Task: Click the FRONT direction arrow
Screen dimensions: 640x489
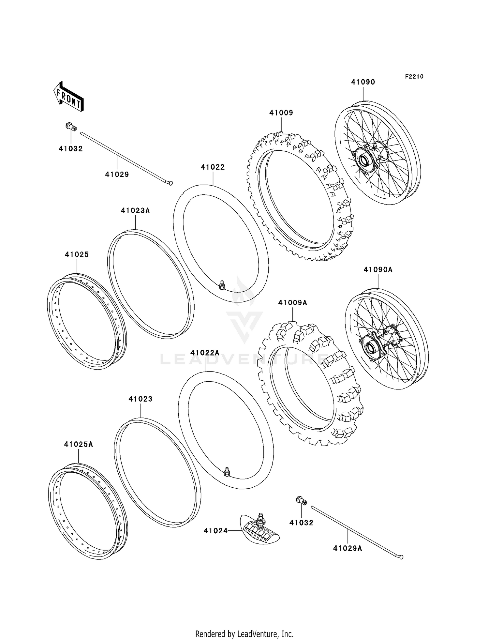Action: [69, 97]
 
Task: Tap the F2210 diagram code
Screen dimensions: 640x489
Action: [414, 76]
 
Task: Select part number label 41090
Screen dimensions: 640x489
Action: [363, 82]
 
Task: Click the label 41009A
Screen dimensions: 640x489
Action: [292, 303]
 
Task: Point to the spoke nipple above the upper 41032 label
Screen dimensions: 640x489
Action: [71, 127]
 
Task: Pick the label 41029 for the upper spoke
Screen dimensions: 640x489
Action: [117, 175]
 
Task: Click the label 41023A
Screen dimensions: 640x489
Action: [135, 211]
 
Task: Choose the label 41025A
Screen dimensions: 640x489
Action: [79, 444]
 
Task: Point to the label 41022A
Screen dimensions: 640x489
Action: [205, 353]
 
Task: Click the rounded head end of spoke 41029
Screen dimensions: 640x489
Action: [170, 183]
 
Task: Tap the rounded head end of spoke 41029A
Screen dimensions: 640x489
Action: [401, 557]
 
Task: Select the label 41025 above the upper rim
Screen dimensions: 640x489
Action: [77, 254]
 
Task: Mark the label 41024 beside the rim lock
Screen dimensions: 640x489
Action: [215, 531]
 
